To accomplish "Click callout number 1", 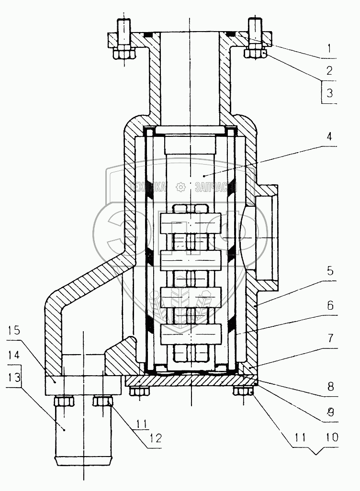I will tap(329, 48).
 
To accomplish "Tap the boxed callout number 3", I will tap(329, 93).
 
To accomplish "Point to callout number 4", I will tap(329, 136).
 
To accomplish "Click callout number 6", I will tap(330, 304).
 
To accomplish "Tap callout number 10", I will tap(332, 437).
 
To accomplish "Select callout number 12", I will tap(155, 437).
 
